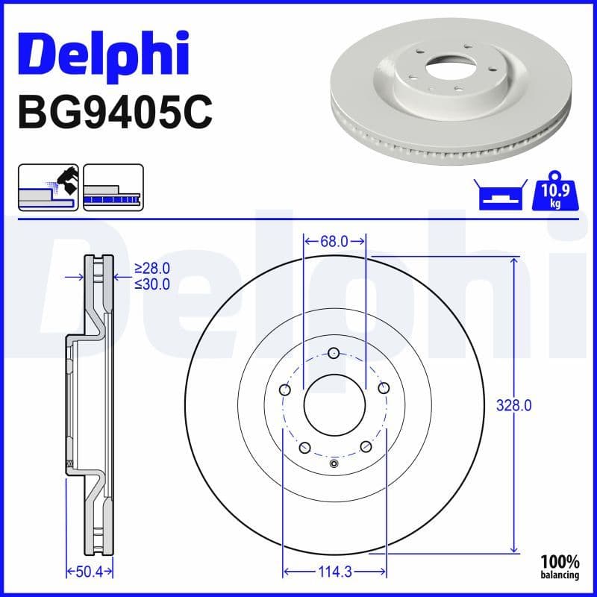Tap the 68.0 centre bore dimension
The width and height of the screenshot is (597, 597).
coord(334,241)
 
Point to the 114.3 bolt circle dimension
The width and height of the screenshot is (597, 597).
coord(334,572)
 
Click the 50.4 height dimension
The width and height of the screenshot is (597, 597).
coord(89,572)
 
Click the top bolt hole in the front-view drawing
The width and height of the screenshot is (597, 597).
coord(334,354)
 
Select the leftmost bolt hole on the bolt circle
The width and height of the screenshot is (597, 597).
coord(285,389)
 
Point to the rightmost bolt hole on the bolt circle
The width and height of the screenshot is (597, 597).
coord(384,388)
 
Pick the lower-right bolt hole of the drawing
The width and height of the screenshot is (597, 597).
coord(366,446)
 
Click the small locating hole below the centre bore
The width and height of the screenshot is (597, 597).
coord(334,465)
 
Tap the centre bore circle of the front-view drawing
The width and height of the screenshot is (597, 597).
coord(334,406)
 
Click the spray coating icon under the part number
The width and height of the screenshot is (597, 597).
coord(48,187)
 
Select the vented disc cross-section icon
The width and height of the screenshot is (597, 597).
coord(113,187)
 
